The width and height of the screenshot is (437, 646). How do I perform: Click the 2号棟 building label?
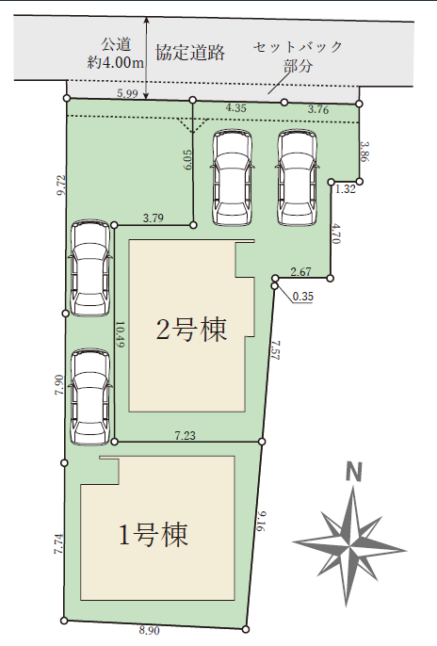(x=191, y=330)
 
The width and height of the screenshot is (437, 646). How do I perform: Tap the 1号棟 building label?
(x=154, y=534)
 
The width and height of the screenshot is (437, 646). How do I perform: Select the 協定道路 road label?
(x=190, y=53)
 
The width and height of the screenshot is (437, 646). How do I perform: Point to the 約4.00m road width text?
(x=116, y=62)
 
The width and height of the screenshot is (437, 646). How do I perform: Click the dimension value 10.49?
(x=120, y=334)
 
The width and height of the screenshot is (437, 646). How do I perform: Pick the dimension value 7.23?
(x=185, y=435)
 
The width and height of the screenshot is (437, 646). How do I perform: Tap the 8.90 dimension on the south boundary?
(x=149, y=631)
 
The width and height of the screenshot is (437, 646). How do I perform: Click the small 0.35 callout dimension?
(x=302, y=297)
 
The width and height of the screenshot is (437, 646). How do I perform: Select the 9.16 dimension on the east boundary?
(x=263, y=521)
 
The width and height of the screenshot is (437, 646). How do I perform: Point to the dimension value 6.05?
(x=187, y=159)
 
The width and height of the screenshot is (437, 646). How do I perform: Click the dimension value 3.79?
(x=154, y=218)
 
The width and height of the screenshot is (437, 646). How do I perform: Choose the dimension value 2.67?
(x=300, y=272)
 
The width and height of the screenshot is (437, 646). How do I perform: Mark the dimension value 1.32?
(x=345, y=189)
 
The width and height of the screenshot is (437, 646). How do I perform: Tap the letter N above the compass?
(x=353, y=472)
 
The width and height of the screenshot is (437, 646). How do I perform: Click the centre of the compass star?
(x=350, y=546)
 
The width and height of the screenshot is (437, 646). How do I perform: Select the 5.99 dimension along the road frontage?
(x=127, y=93)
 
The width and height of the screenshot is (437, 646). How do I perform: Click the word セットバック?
(x=298, y=46)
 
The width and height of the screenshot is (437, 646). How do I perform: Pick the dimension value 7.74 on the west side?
(x=59, y=544)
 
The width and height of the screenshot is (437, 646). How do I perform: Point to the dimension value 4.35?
(x=236, y=108)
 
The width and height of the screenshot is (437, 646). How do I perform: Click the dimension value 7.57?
(x=276, y=350)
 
